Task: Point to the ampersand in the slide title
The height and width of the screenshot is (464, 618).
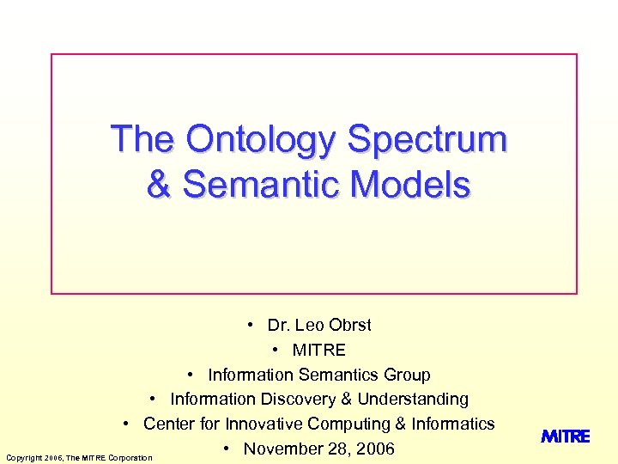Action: pyautogui.click(x=159, y=184)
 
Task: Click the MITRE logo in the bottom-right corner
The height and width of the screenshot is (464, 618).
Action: pyautogui.click(x=566, y=437)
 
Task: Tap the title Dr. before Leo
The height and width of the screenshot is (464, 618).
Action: pyautogui.click(x=278, y=325)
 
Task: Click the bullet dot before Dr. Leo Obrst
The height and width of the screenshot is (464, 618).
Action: pyautogui.click(x=249, y=325)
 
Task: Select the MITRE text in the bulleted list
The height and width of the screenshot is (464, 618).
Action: pyautogui.click(x=319, y=350)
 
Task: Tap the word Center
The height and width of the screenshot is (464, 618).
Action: pyautogui.click(x=168, y=424)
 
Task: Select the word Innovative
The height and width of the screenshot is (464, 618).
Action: pyautogui.click(x=264, y=424)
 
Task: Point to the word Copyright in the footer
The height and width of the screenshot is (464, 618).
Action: pyautogui.click(x=23, y=457)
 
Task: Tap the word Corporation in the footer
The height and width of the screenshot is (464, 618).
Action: pyautogui.click(x=130, y=457)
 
